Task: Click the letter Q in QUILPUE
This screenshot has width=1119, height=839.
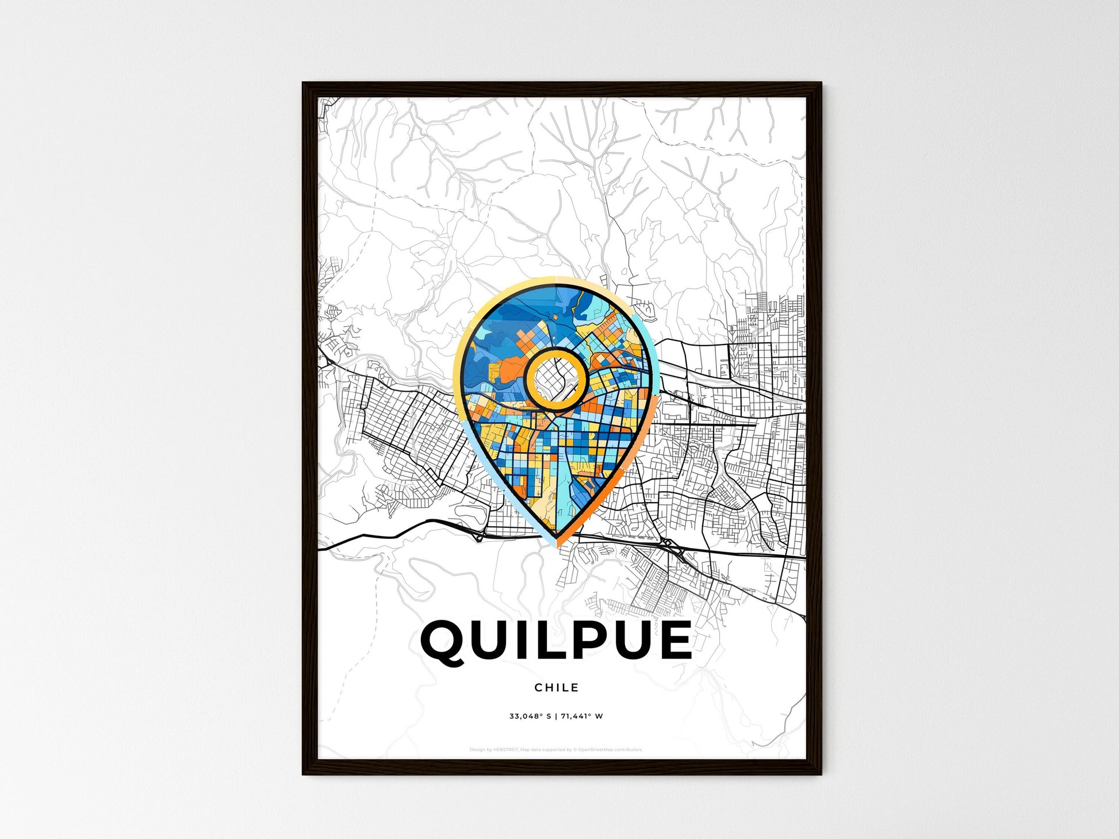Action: pyautogui.click(x=444, y=641)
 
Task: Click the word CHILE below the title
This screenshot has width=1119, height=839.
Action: pyautogui.click(x=556, y=687)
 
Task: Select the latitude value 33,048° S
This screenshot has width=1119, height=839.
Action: pyautogui.click(x=530, y=716)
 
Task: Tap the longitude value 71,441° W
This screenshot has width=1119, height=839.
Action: pyautogui.click(x=582, y=716)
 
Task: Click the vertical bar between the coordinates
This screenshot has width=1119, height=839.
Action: pyautogui.click(x=556, y=716)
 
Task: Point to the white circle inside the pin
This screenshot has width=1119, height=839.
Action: pyautogui.click(x=556, y=378)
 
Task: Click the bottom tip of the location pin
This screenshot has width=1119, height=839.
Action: pyautogui.click(x=556, y=545)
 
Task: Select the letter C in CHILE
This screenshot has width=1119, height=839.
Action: pyautogui.click(x=538, y=687)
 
